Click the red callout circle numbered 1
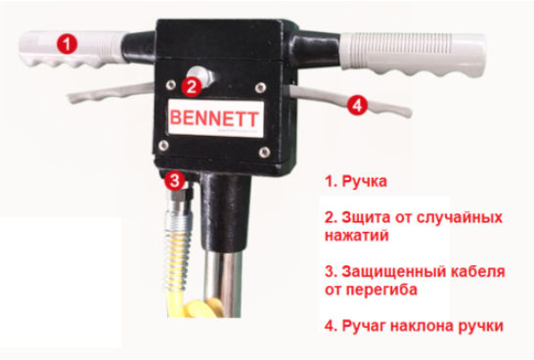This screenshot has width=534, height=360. tap(67, 43)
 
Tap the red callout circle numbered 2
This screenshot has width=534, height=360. tap(192, 86)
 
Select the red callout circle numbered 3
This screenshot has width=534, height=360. tap(175, 180)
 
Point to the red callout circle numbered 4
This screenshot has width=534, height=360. tap(357, 105)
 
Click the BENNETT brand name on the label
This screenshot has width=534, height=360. tap(213, 118)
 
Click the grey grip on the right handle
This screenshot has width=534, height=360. tap(413, 54)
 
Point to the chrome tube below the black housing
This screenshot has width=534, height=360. tap(222, 283)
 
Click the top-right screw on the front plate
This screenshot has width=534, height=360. tap(261, 87)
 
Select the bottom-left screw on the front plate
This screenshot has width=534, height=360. tap(163, 145)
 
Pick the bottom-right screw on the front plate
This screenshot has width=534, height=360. tap(265, 152)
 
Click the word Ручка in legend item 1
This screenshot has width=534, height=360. tap(364, 182)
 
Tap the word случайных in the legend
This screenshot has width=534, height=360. tap(459, 217)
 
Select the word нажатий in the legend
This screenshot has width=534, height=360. tap(357, 236)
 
